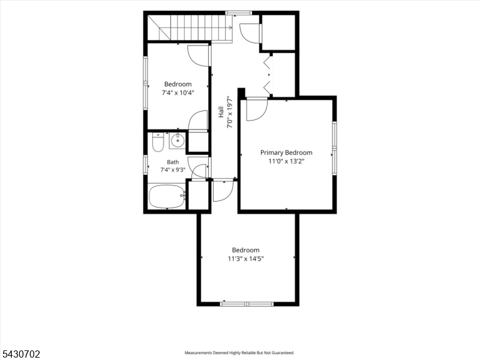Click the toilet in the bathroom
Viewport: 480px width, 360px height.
pos(158,142)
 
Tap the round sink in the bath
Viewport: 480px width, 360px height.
pos(177,141)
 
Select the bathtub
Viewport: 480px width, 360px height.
pos(167,196)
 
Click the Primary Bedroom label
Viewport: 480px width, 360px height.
pos(286,152)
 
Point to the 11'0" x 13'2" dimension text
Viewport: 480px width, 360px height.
pos(286,161)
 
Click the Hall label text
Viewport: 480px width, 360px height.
pos(221,112)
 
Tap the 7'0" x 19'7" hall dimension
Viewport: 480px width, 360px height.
pos(230,112)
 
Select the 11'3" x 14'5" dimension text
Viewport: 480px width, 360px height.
pos(245,259)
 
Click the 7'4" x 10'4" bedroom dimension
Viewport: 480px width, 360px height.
pos(178,93)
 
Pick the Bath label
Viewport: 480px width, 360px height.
pos(173,162)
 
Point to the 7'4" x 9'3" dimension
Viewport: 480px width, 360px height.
pos(173,170)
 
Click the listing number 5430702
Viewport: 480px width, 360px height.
pos(20,354)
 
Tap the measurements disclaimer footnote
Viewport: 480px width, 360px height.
pos(239,353)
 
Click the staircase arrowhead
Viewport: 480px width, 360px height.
pos(230,28)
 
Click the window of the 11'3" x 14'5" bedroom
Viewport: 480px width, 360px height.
pos(247,304)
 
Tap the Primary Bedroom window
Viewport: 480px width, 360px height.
pos(335,148)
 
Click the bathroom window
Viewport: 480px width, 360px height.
pos(146,165)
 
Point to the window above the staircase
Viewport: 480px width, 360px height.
pos(238,13)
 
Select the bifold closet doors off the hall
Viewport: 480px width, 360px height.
pos(268,74)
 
